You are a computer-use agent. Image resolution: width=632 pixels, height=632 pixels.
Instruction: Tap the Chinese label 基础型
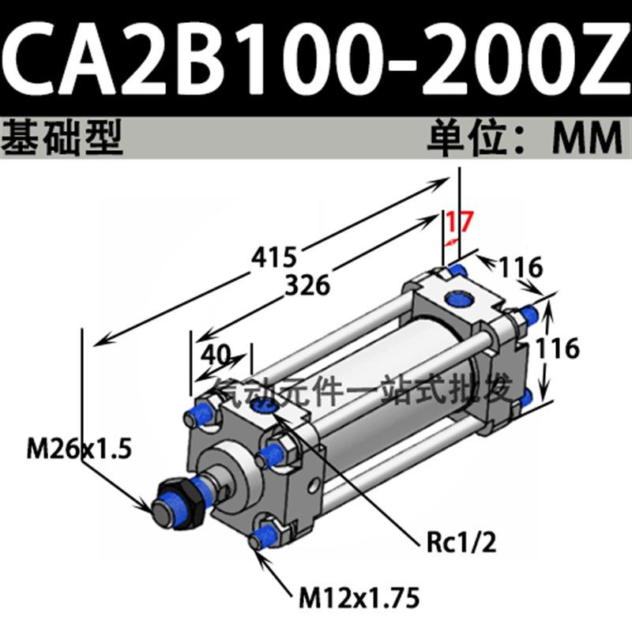point(63,137)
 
